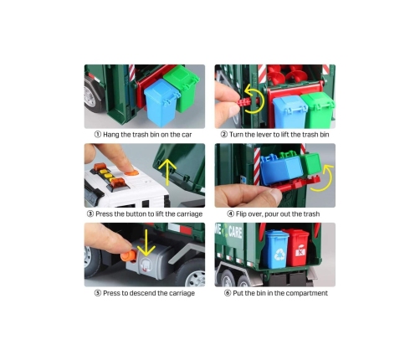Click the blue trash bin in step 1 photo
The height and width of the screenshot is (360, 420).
[x=161, y=102]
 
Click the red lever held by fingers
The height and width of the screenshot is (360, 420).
[x=245, y=102]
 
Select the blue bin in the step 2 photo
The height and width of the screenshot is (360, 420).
[x=289, y=111]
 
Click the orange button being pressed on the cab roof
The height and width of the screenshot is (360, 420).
[x=131, y=172]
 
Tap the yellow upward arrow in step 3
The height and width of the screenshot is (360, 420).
[x=167, y=172]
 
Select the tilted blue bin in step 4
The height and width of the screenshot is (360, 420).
[x=280, y=169]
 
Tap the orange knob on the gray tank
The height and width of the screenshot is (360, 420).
[x=128, y=255]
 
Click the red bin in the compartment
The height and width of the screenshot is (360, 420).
[x=297, y=248]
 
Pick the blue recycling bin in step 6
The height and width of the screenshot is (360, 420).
[x=276, y=249]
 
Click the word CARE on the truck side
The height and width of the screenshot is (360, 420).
[x=235, y=232]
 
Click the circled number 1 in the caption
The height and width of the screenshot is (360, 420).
[x=98, y=135]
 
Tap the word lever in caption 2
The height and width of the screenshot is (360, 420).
[x=263, y=135]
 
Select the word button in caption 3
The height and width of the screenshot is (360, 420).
[x=136, y=214]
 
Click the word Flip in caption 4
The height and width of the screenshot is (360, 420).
[x=241, y=214]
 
